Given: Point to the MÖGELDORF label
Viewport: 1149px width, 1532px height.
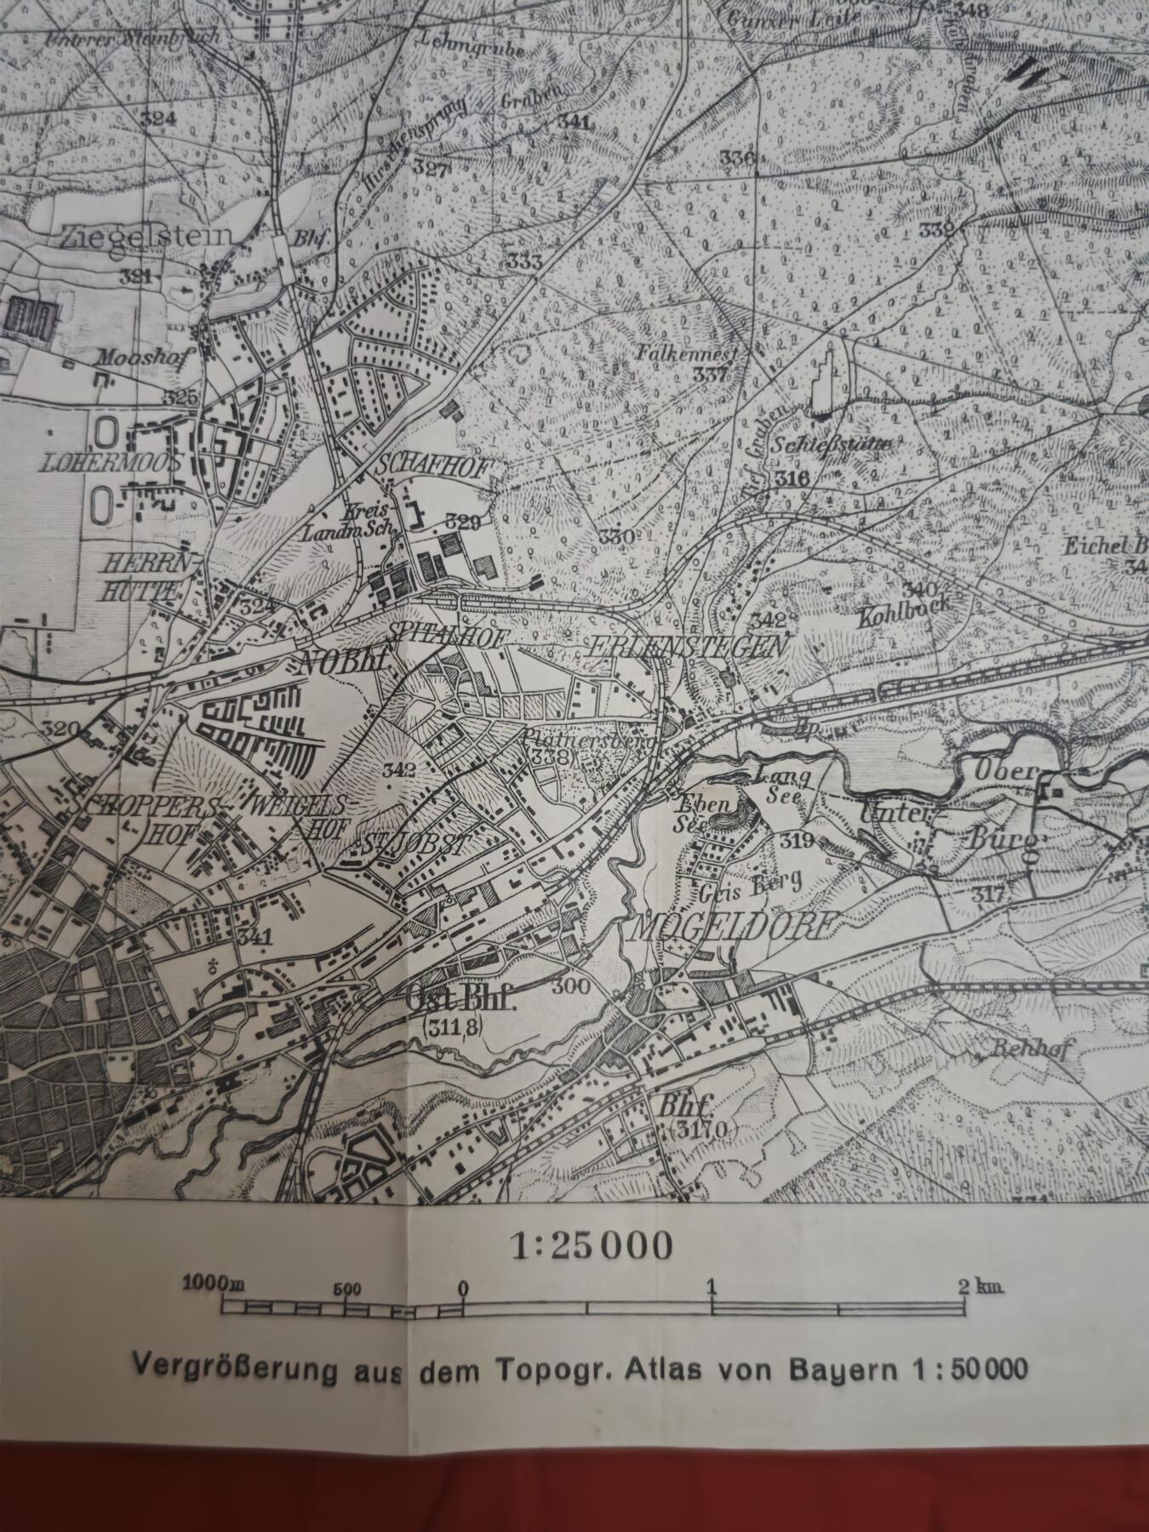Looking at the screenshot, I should tap(733, 925).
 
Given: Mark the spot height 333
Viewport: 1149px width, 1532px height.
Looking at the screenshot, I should tap(524, 262).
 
